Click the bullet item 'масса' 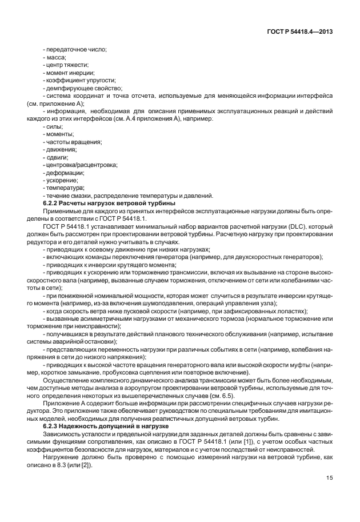point(55,58)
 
